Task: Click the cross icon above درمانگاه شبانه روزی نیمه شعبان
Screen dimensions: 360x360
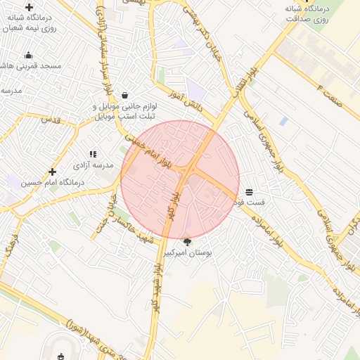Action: (29, 7)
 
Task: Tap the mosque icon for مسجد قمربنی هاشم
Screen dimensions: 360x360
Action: (28, 56)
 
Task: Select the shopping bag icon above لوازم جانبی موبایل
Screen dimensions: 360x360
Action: (124, 95)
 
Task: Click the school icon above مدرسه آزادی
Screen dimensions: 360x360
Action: (92, 153)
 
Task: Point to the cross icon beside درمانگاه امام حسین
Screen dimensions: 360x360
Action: (52, 172)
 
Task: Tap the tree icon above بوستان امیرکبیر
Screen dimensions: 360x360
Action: (186, 241)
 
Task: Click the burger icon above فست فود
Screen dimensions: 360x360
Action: (249, 192)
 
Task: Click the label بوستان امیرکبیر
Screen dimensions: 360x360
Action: (187, 252)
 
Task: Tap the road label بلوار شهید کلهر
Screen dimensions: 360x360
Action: (156, 288)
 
